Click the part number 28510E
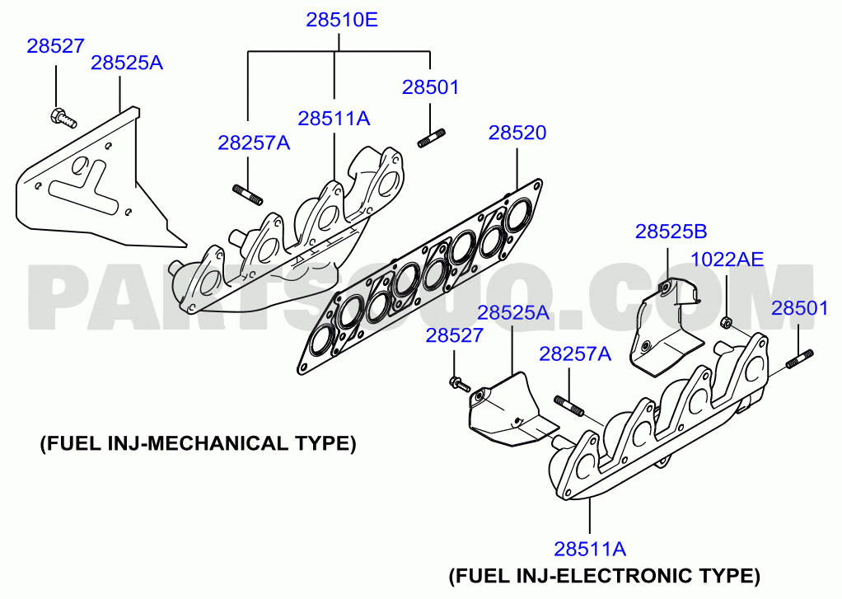point(342,20)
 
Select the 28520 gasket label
point(517,133)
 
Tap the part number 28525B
point(671,232)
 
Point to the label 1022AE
point(727,260)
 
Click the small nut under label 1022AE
point(726,322)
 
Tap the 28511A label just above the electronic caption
point(590,549)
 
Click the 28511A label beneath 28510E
point(334,118)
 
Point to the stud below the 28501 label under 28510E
point(431,138)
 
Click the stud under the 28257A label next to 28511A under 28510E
point(247,194)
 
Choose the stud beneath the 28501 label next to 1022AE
point(800,359)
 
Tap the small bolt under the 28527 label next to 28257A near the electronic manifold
point(459,384)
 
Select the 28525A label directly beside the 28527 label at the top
point(127,63)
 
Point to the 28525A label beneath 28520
point(513,312)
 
